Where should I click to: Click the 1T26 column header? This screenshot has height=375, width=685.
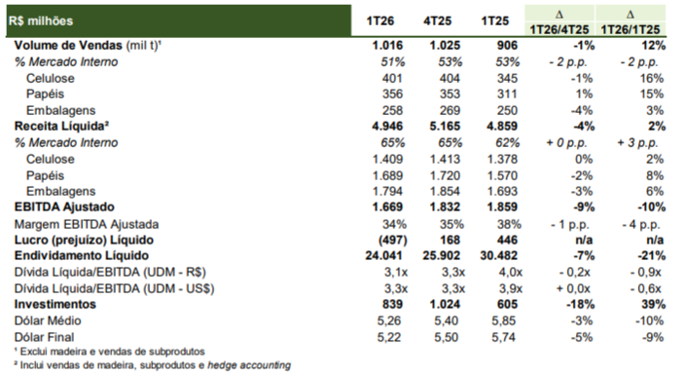380,21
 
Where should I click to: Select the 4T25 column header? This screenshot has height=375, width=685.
437,21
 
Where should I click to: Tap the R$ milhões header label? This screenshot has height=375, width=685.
41,21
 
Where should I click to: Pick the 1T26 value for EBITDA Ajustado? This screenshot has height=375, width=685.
387,206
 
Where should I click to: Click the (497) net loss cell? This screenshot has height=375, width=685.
393,240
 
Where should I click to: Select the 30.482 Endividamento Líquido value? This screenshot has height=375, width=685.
498,255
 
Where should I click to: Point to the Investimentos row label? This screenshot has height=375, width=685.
55,304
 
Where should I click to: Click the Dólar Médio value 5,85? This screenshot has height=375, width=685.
503,320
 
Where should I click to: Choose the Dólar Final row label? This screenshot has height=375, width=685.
44,337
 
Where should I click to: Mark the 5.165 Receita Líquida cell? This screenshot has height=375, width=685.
445,127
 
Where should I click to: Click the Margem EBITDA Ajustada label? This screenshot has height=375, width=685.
87,224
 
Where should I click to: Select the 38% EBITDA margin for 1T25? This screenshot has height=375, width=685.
509,224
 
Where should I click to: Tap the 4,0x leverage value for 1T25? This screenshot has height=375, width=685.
510,272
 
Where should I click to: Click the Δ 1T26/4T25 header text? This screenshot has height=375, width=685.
559,22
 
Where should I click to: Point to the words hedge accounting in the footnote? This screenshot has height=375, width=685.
249,365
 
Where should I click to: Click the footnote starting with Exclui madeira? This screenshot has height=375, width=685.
109,352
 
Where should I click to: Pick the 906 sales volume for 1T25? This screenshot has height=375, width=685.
507,45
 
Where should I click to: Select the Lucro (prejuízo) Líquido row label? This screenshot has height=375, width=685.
84,240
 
